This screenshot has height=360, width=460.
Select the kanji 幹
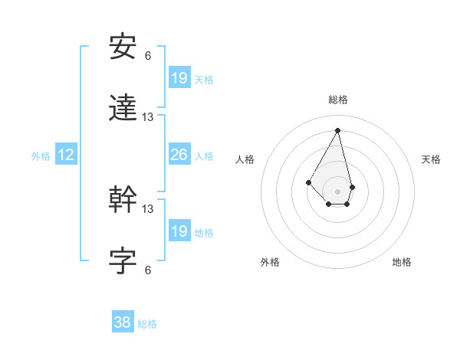tap(123, 199)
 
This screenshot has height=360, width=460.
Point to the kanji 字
tap(123, 261)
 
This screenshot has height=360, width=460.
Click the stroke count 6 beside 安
tap(148, 55)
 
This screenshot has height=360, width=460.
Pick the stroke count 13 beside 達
tap(148, 117)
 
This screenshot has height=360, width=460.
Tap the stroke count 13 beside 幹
tap(148, 208)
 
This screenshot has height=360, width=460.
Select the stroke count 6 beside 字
tap(148, 270)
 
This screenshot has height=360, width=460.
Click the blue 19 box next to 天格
tap(179, 77)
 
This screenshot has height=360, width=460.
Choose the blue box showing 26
tap(179, 155)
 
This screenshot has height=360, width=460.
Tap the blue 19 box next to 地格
tap(179, 231)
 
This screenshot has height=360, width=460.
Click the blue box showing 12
tap(66, 155)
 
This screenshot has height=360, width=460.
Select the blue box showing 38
tap(123, 322)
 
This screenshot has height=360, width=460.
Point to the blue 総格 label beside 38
tap(147, 324)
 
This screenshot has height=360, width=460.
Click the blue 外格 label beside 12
tap(41, 156)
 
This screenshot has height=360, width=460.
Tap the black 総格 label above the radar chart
tap(338, 100)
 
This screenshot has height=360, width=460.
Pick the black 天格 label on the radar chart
tap(431, 159)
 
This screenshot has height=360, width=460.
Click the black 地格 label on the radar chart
tap(402, 262)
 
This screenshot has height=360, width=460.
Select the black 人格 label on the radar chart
tap(245, 159)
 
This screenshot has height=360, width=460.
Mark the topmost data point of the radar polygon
tap(338, 129)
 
